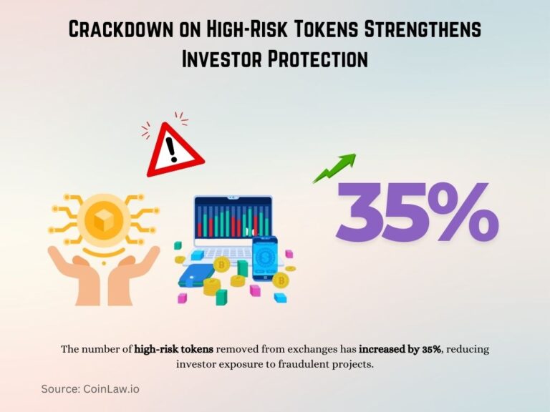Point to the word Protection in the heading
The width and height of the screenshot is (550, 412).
pyautogui.click(x=314, y=59)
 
